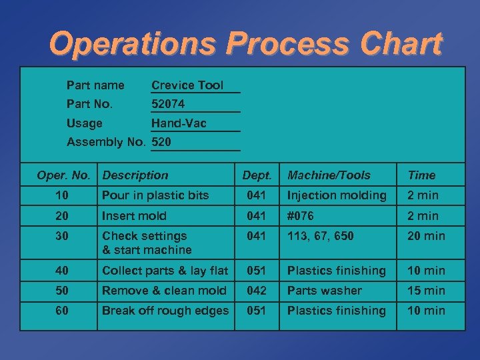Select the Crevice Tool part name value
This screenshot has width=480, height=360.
pos(187,85)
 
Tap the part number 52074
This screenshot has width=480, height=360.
pos(168,104)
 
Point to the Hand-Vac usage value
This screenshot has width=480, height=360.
pos(179,123)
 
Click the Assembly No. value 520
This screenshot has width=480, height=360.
pos(161,142)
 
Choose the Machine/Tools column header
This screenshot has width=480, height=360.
pos(329,175)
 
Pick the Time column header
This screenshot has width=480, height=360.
pos(421,175)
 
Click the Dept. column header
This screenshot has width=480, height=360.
pos(257,175)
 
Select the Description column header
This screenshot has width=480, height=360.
pos(135,175)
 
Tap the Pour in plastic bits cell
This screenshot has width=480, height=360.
pos(155,195)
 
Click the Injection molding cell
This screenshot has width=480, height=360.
pos(337,195)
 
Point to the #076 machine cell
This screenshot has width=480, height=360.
pos(301,216)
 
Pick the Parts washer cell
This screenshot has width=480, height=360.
pos(324,291)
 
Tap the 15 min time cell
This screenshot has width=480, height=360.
pos(425,291)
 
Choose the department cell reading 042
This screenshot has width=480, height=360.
pos(257,291)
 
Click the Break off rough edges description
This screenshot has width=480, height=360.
pos(165,311)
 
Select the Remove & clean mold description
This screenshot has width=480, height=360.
pos(164,291)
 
